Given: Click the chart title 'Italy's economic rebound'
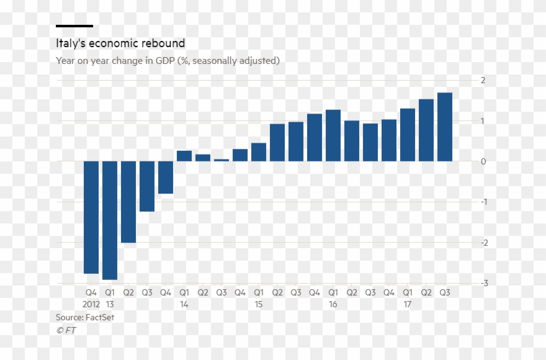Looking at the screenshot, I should tap(120, 43).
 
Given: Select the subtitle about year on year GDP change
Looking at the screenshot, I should tap(168, 61).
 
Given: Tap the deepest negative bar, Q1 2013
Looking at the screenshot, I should tap(110, 220).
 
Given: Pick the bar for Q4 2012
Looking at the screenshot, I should tap(91, 217).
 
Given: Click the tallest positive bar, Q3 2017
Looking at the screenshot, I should tap(445, 127).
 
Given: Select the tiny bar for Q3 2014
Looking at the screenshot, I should tap(222, 160).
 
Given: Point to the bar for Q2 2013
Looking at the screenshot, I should tap(128, 202).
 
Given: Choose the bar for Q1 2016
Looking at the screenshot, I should tap(333, 135).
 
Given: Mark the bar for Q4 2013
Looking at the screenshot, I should tap(166, 178).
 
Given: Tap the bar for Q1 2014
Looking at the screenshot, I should tap(184, 156).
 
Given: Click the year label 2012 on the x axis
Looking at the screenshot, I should tap(91, 305).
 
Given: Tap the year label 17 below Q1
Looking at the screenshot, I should tap(408, 305).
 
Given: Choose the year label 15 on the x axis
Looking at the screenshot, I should tap(259, 305).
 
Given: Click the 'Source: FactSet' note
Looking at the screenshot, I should tap(85, 317).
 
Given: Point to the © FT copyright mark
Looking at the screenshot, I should tap(66, 330).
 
